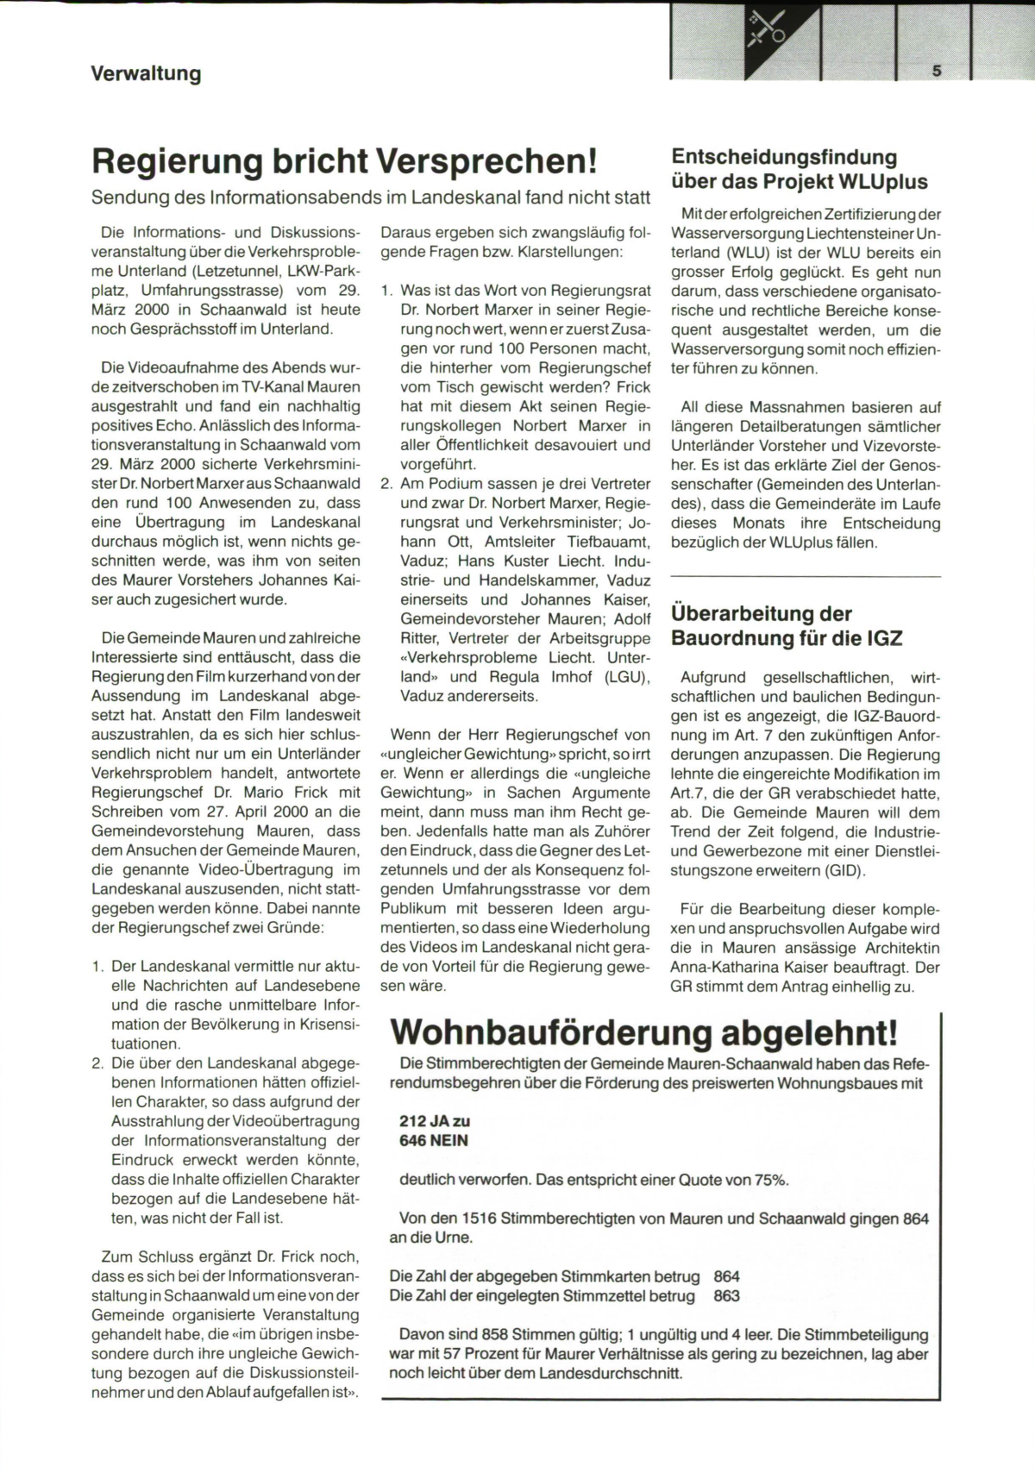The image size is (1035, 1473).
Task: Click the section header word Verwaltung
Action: [146, 73]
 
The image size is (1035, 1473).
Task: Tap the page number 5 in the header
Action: [937, 72]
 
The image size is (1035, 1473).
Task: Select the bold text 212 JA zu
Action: [434, 1121]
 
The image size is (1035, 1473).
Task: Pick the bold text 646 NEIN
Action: [434, 1140]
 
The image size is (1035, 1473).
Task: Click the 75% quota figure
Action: [772, 1180]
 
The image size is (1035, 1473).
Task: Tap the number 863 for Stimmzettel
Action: [726, 1296]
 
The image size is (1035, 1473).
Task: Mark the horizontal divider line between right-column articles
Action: [806, 575]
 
